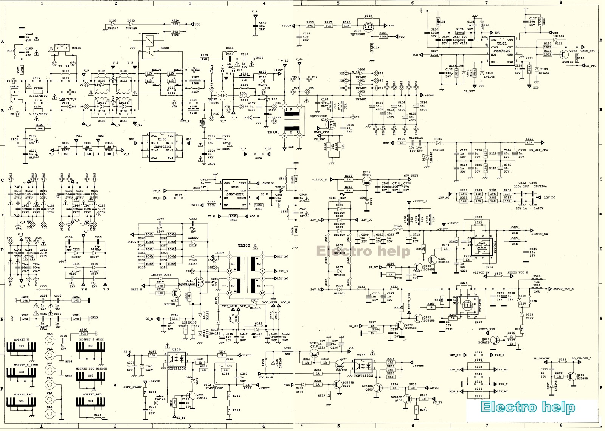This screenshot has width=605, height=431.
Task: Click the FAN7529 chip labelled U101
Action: (502, 51)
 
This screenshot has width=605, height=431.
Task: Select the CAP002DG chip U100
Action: (162, 146)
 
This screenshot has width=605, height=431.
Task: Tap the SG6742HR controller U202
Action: (235, 194)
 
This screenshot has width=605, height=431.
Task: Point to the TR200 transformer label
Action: (244, 246)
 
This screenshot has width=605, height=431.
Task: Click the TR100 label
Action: (273, 132)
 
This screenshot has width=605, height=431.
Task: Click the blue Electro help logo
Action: (527, 407)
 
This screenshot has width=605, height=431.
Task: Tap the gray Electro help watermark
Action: (363, 251)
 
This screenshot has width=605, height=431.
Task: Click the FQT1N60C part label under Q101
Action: (357, 34)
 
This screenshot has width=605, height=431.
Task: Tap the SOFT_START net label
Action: (132, 387)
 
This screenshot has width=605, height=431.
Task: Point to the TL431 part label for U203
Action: (214, 388)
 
